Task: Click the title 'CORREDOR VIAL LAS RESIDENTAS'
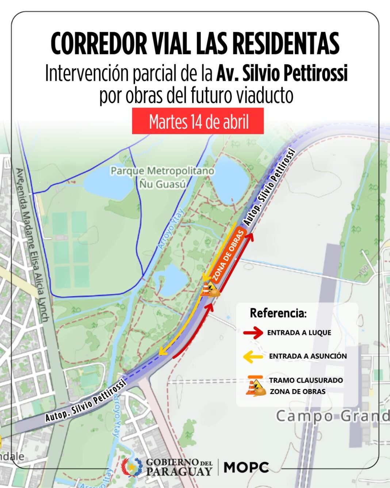pos(195,43)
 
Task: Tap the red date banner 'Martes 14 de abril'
pos(198,121)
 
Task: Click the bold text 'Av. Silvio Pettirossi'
pos(282,73)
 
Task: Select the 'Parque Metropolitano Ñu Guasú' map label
pos(162,177)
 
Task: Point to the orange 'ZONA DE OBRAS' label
pos(228,256)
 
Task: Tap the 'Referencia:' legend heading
pos(278,313)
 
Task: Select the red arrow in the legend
pos(253,333)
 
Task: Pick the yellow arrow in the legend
pos(253,356)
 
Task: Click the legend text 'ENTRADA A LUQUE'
pos(299,333)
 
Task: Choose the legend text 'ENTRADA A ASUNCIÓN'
pos(308,356)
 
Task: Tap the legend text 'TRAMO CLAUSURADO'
pos(306,380)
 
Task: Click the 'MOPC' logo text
pos(246,467)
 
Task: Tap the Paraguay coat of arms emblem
pos(131,467)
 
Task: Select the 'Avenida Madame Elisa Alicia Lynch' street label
pos(33,245)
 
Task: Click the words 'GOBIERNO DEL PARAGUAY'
pos(179,467)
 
